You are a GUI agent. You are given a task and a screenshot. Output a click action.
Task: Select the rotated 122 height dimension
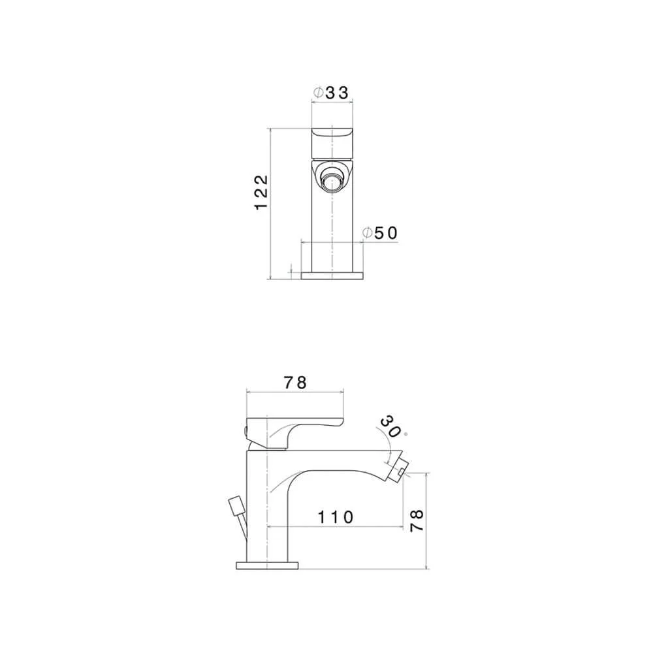(261, 191)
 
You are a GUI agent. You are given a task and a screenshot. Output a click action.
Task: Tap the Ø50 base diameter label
(379, 233)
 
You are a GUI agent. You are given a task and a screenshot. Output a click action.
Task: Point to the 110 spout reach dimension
(336, 517)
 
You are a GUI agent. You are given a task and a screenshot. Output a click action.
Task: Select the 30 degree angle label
(390, 426)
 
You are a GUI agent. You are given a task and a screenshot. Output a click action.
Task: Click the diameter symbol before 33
(317, 93)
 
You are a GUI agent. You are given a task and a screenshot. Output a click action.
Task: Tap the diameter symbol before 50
(367, 233)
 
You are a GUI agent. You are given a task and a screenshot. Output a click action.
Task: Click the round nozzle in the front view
(331, 177)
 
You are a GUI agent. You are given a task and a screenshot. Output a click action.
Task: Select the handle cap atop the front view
(331, 139)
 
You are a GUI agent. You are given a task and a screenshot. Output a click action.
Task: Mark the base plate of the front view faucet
(332, 275)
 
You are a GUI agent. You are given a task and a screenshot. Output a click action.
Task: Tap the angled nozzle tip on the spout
(400, 468)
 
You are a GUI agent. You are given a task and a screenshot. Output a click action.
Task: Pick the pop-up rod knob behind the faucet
(234, 506)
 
